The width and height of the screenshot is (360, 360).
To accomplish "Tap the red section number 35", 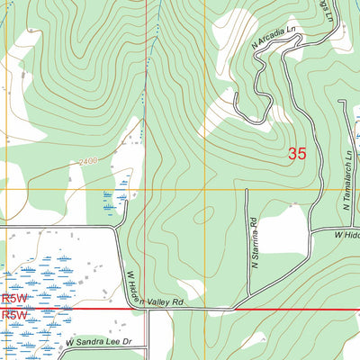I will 297,154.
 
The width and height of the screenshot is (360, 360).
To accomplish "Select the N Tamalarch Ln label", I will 347,181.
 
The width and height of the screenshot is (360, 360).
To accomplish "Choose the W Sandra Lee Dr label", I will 99,343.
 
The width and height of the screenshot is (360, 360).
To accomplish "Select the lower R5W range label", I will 14,317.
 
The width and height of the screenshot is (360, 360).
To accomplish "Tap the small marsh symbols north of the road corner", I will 115,200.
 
